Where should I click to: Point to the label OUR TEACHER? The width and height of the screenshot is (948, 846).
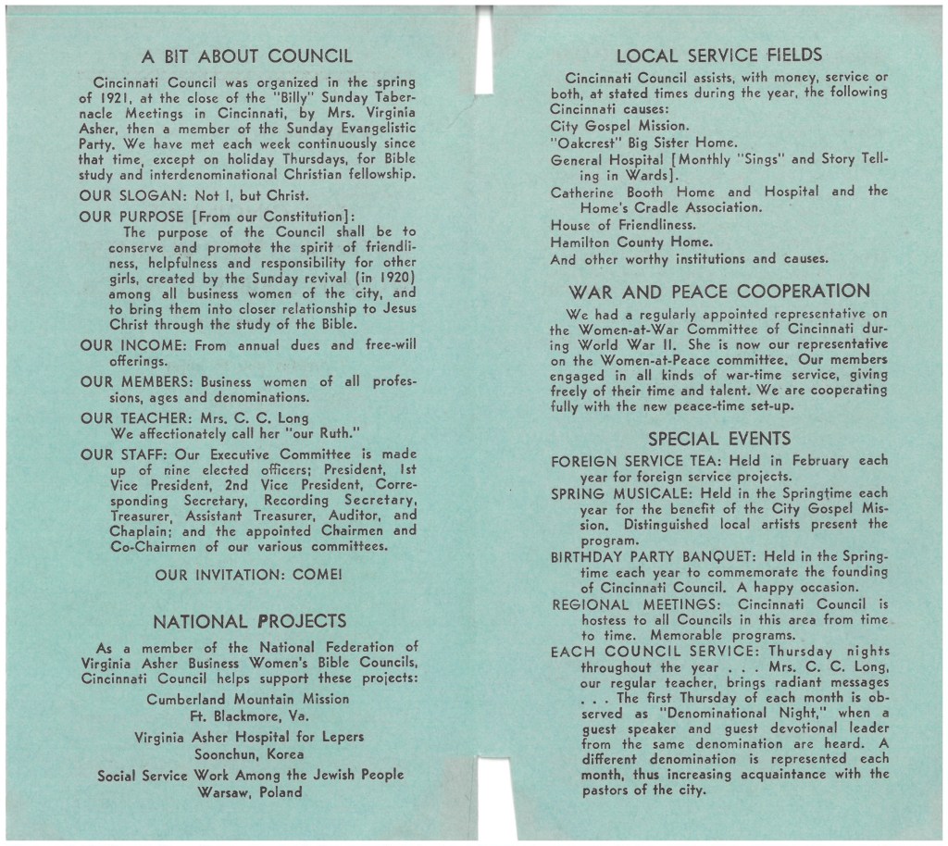click(x=136, y=417)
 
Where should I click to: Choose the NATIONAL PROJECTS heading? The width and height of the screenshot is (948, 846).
click(x=249, y=621)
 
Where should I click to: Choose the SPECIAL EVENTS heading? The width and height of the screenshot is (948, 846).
click(x=719, y=438)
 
